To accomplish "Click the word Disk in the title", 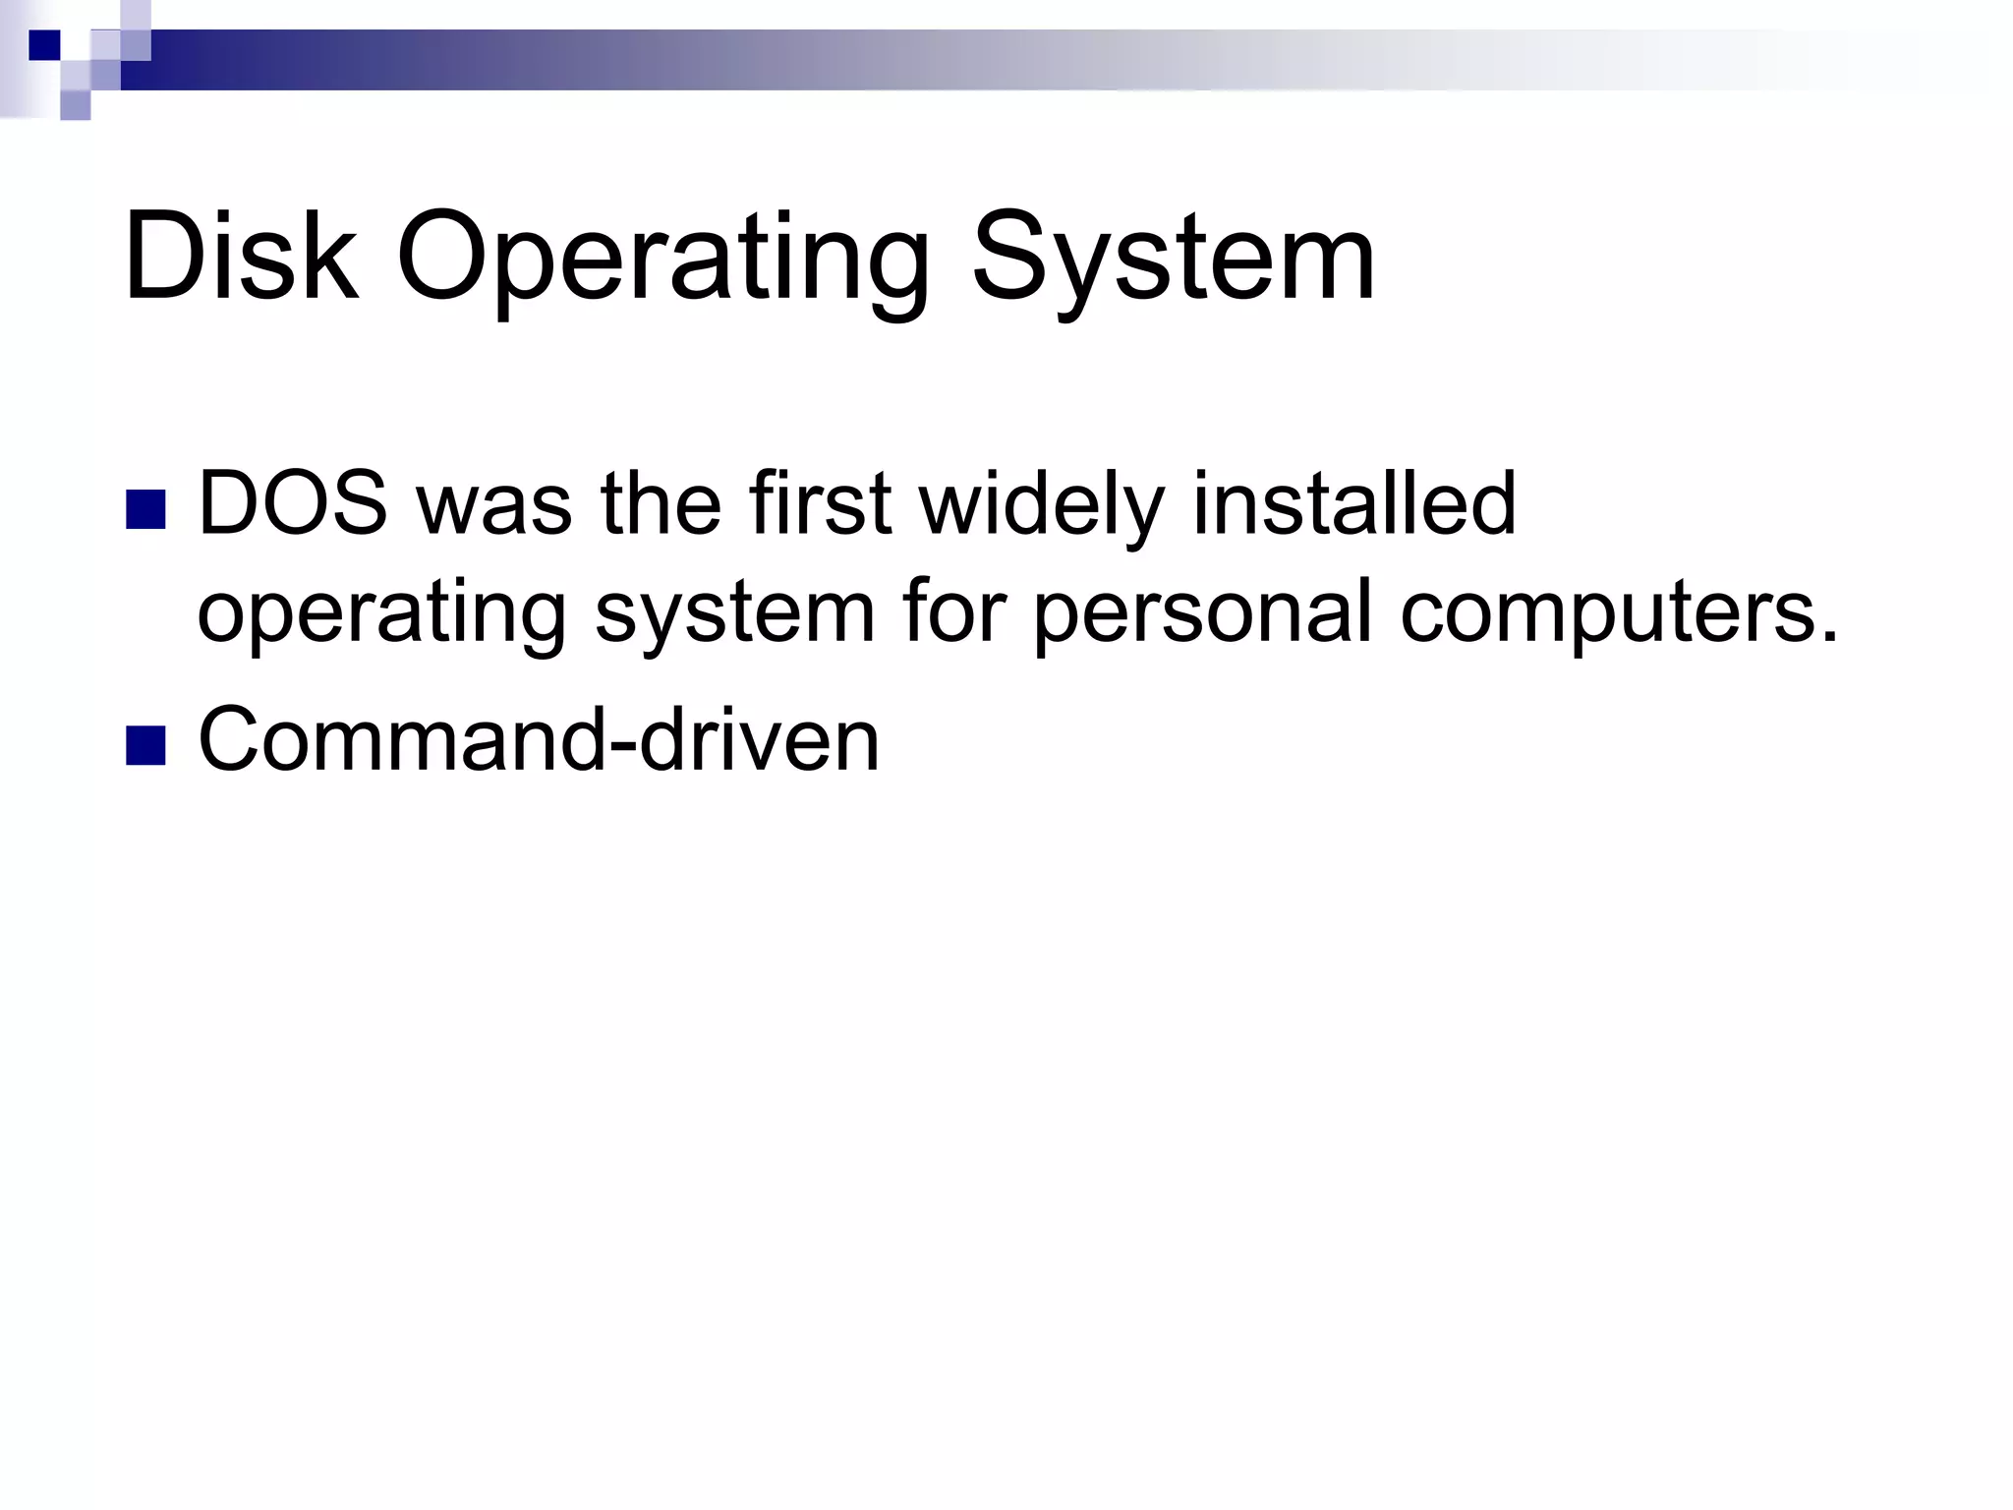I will (241, 258).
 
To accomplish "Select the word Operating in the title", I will (662, 261).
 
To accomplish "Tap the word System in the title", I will (1174, 261).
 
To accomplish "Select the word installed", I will (1354, 503).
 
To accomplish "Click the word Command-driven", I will (539, 739).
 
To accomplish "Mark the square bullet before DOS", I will (145, 509).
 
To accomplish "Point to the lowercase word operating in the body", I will (381, 614).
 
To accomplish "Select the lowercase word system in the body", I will (734, 614).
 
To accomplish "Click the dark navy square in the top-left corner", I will (44, 45).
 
